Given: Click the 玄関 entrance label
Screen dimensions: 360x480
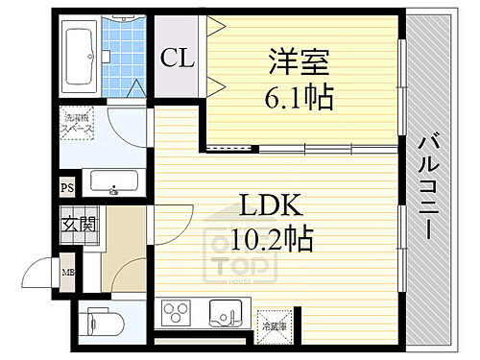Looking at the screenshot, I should pyautogui.click(x=79, y=226).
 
